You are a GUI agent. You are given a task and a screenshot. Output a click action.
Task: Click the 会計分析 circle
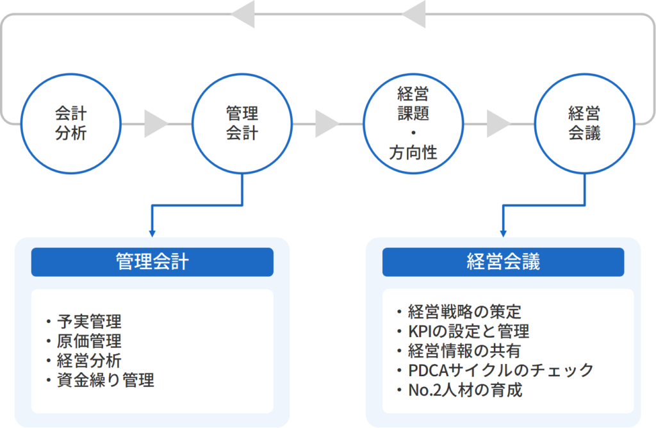(70, 124)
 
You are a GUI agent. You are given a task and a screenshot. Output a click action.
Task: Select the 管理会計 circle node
(242, 124)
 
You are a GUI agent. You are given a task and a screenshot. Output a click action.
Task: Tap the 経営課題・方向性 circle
(413, 124)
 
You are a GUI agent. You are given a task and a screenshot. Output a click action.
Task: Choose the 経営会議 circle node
(584, 124)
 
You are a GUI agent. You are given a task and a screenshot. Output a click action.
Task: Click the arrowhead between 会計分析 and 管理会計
(155, 124)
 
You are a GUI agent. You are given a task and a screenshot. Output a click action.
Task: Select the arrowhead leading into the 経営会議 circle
(498, 124)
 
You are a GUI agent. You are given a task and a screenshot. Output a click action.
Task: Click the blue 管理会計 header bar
(152, 262)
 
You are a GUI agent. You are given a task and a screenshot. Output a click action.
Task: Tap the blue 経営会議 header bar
(503, 262)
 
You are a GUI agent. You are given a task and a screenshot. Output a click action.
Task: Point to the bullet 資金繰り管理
(104, 381)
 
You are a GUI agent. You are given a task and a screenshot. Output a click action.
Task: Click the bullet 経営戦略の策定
(464, 312)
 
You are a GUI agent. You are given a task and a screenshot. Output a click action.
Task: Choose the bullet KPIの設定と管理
(468, 331)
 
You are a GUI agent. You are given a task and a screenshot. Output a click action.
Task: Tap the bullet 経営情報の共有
(464, 350)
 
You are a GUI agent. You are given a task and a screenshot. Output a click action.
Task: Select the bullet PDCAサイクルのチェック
(500, 370)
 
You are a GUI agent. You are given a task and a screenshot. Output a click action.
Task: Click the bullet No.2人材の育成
(464, 390)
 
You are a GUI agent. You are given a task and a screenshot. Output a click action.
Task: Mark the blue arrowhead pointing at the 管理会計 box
(152, 232)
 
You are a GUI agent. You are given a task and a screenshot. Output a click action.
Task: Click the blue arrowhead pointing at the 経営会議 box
(504, 232)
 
